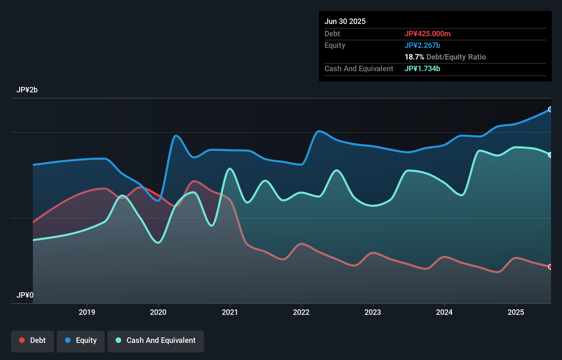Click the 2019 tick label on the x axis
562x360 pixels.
pos(87,312)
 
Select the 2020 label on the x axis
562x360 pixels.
pos(158,312)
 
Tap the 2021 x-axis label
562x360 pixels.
pos(230,312)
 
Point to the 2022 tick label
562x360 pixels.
pos(301,312)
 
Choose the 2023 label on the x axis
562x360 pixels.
pos(373,312)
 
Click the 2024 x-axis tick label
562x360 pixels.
pos(444,312)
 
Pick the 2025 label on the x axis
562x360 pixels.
pos(516,312)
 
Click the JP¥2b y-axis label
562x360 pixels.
pos(27,90)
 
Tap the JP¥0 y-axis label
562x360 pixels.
pos(25,295)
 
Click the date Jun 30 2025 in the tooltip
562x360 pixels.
pos(345,22)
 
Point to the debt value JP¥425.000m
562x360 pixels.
pos(427,34)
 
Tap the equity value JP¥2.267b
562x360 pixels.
pos(422,46)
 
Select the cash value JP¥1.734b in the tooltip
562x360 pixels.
pos(422,69)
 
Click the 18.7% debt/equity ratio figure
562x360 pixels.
pos(414,57)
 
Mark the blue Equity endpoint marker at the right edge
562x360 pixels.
pos(550,110)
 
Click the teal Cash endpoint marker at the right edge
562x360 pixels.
pos(550,155)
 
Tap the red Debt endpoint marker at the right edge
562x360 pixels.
pos(550,267)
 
